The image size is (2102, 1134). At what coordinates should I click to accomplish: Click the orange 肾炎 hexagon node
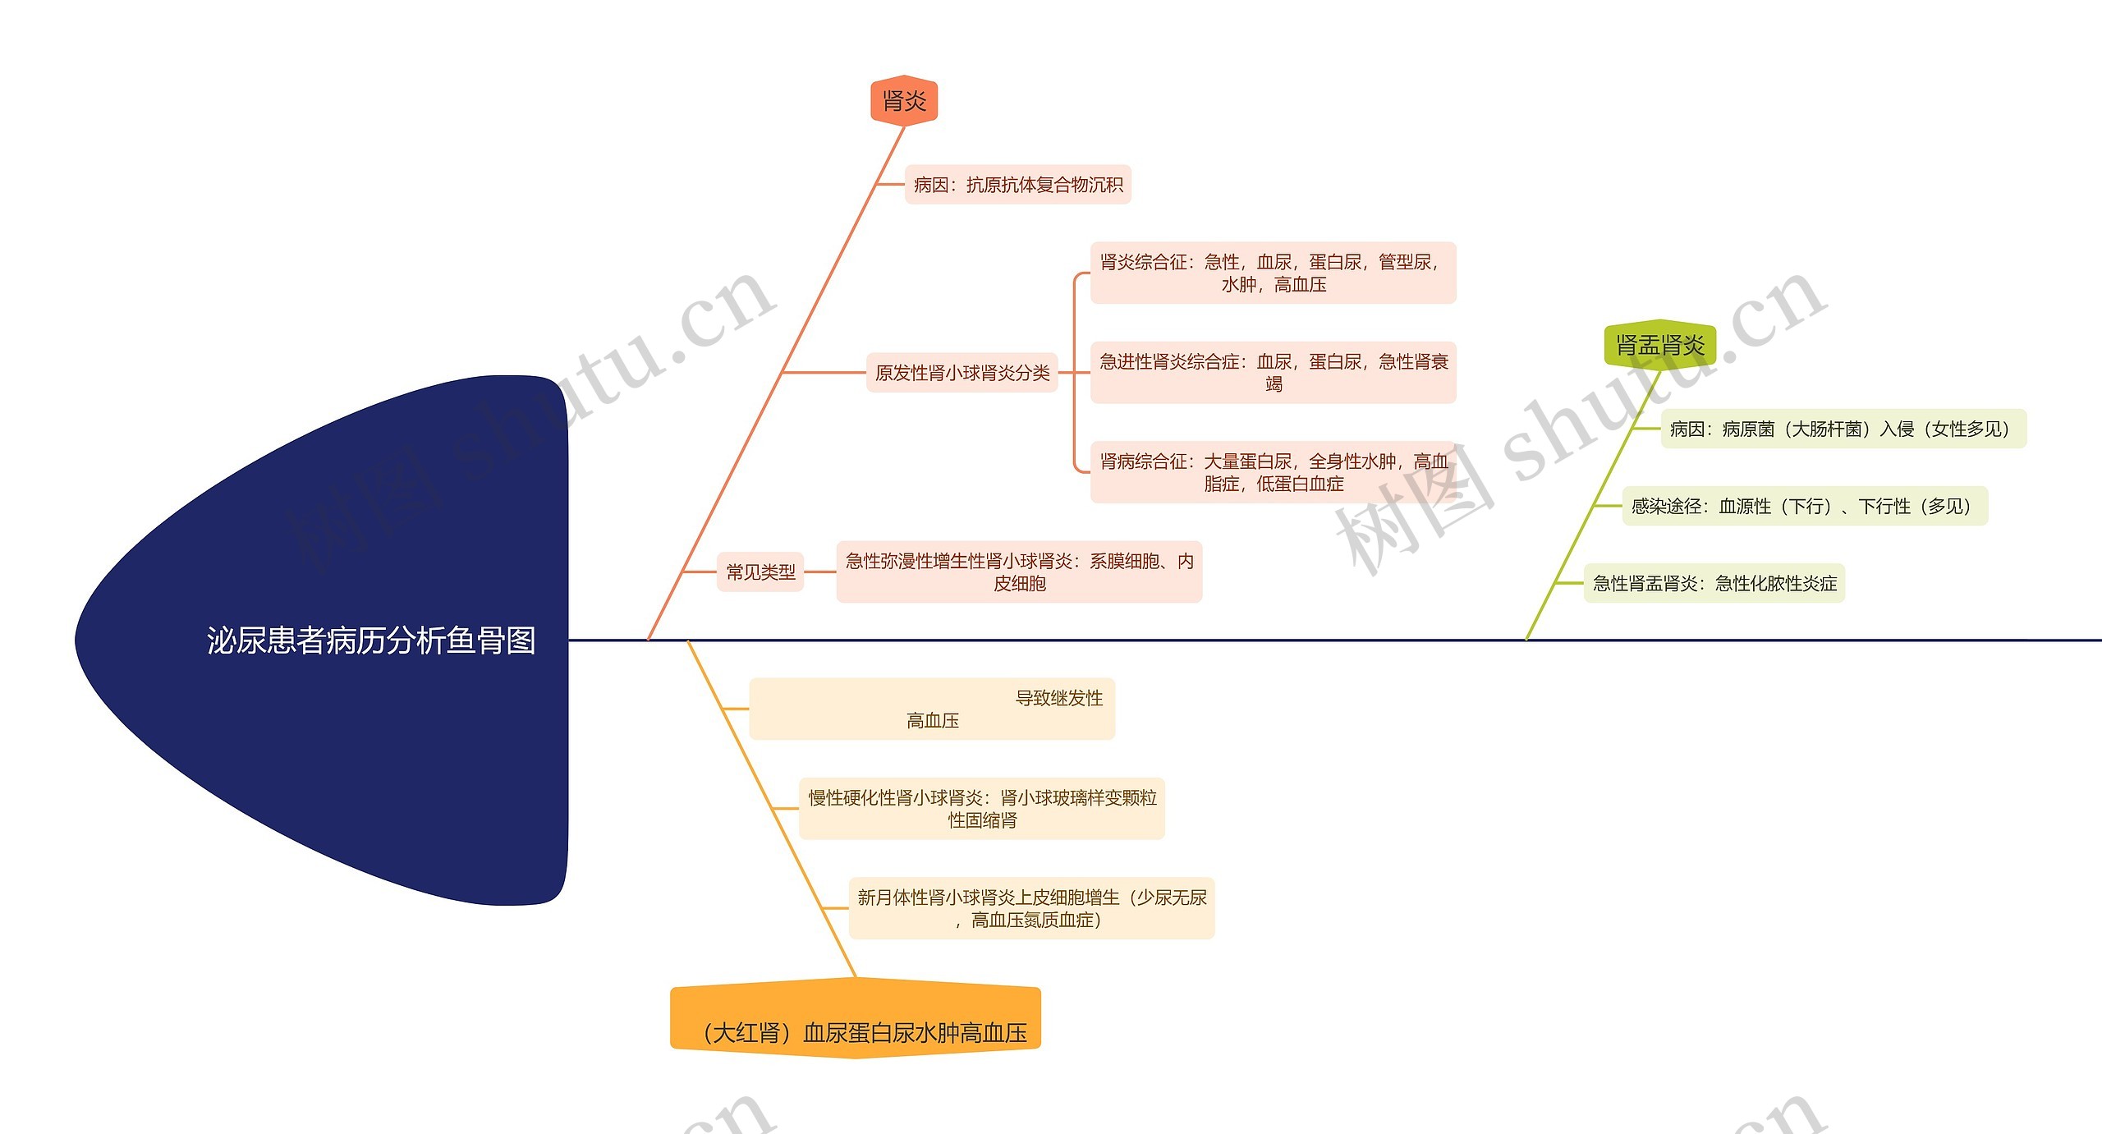[x=903, y=101]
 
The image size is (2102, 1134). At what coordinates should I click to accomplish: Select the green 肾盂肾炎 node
[x=1659, y=345]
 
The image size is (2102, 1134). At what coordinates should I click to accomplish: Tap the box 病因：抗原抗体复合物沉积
[x=1017, y=185]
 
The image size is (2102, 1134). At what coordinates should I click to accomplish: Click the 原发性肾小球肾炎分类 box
[x=962, y=373]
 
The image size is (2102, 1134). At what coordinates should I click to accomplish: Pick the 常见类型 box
[x=760, y=572]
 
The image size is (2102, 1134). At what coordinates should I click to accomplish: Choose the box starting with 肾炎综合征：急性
[x=1273, y=273]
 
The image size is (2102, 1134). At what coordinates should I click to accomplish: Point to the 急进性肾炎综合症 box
[x=1273, y=372]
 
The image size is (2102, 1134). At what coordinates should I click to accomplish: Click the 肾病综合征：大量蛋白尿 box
[x=1273, y=472]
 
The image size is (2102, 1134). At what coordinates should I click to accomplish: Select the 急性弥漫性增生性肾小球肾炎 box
[x=1019, y=572]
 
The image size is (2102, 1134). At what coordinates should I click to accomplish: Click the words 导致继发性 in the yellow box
[x=1058, y=698]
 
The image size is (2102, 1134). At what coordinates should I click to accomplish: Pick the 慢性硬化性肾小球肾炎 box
[x=982, y=808]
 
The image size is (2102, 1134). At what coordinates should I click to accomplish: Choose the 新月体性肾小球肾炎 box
[x=1031, y=908]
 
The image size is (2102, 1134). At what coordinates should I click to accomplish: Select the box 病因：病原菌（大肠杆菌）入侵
[x=1843, y=429]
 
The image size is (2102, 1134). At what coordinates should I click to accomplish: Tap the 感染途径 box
[x=1805, y=506]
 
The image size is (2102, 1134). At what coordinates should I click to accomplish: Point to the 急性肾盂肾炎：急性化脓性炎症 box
[x=1714, y=583]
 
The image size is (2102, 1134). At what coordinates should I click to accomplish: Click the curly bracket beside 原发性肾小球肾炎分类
[x=1075, y=373]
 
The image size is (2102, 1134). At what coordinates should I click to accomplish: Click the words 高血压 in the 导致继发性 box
[x=932, y=720]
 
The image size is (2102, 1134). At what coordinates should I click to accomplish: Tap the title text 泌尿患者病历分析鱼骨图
[x=371, y=640]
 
